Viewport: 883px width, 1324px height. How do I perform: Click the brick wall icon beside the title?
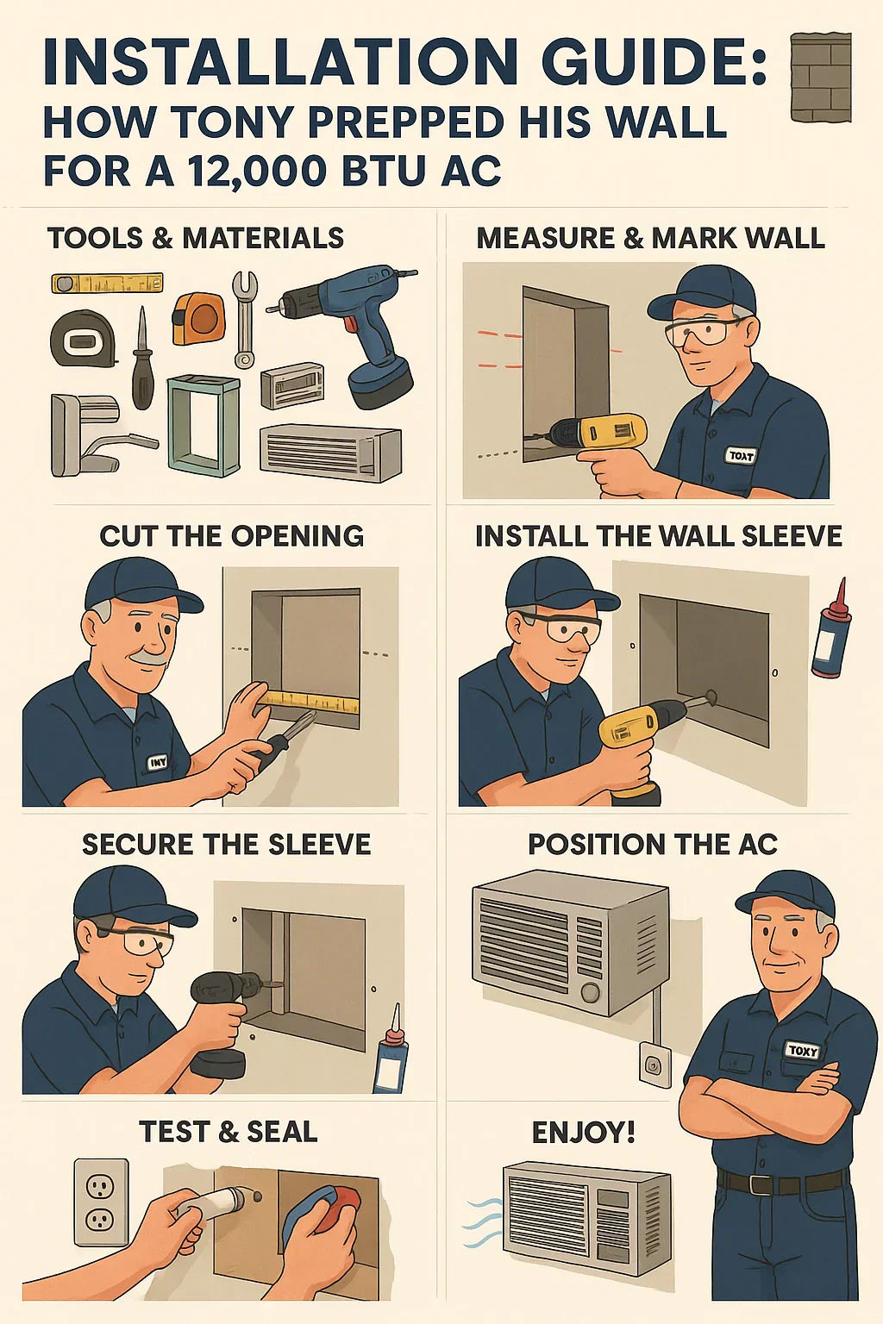(x=820, y=78)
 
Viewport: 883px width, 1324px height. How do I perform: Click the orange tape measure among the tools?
(x=197, y=318)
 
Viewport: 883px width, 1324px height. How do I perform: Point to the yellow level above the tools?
(x=107, y=284)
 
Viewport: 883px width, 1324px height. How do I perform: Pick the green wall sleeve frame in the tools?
(x=204, y=425)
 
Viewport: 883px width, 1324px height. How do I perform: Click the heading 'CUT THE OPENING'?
(x=231, y=536)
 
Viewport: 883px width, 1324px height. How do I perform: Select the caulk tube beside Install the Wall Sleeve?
(x=831, y=629)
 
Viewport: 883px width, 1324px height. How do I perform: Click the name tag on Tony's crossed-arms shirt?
(x=801, y=1050)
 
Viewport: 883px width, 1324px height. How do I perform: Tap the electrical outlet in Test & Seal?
(x=101, y=1202)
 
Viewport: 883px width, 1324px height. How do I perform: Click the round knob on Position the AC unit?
(x=591, y=992)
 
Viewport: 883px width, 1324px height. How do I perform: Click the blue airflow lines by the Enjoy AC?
(x=481, y=1224)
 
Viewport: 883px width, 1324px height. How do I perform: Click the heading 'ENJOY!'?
(x=583, y=1132)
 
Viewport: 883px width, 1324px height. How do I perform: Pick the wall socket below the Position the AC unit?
(x=653, y=1065)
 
